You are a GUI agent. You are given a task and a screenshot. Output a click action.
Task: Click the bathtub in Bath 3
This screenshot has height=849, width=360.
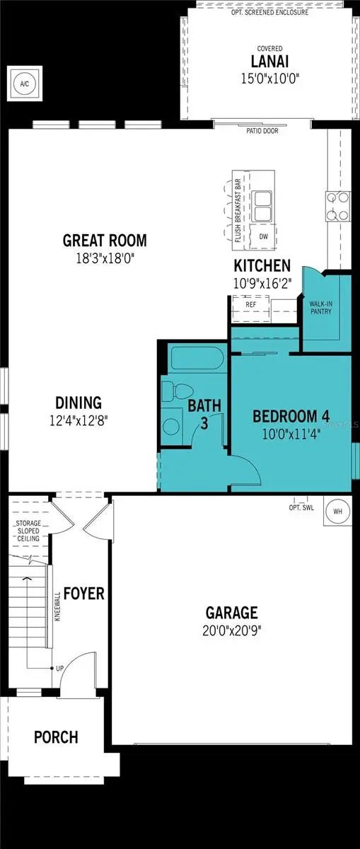tap(196, 360)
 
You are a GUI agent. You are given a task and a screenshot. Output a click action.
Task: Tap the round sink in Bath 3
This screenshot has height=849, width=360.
tap(171, 427)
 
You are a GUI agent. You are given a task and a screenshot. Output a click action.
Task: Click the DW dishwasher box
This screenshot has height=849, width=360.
tap(264, 236)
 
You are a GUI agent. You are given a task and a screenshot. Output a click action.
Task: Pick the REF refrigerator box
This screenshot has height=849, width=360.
tap(250, 304)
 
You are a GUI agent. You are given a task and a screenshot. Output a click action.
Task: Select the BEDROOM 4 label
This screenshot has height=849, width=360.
tap(291, 415)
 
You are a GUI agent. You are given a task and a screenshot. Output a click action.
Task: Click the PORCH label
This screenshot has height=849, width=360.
tap(56, 737)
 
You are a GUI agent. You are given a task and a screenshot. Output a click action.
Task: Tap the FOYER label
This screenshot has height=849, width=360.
tap(83, 593)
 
